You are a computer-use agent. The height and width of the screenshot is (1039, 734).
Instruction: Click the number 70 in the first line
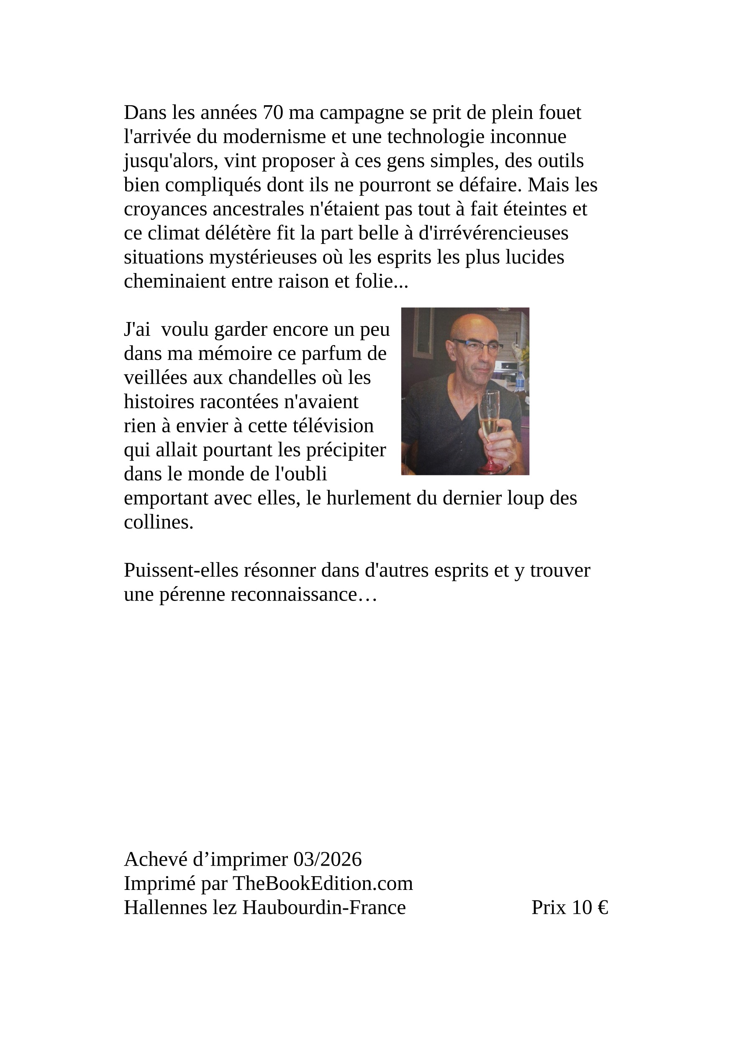tap(273, 113)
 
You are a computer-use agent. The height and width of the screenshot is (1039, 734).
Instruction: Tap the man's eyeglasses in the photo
tap(475, 346)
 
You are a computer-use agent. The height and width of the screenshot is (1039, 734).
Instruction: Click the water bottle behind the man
tap(520, 382)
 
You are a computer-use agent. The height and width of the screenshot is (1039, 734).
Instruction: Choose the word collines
tap(158, 523)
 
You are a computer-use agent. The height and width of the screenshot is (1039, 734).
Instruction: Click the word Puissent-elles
tap(181, 571)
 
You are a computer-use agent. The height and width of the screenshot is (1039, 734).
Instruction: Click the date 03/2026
tap(327, 859)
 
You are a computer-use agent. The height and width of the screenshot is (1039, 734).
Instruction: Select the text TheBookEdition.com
tap(323, 883)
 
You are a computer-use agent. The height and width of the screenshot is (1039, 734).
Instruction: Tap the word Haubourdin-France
tap(324, 908)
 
